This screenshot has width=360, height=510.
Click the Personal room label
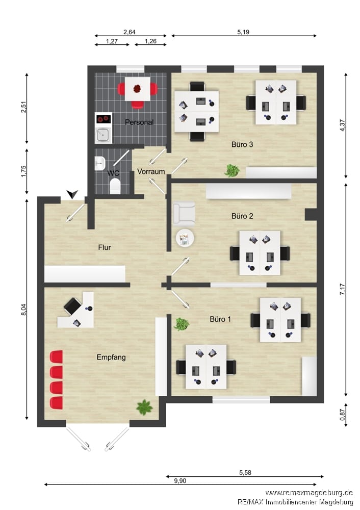(139, 122)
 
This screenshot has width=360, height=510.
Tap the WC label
(113, 173)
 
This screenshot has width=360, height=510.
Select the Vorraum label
(151, 171)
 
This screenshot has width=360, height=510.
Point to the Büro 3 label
(242, 144)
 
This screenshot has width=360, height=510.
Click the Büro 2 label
(242, 216)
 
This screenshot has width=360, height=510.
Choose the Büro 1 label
(220, 319)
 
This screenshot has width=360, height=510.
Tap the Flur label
(105, 247)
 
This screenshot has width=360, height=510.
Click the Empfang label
(111, 357)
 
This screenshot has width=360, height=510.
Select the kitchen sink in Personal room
(104, 135)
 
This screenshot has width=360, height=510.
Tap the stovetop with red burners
(104, 119)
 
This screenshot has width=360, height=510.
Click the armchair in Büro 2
(184, 214)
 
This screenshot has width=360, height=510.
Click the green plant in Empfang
(144, 407)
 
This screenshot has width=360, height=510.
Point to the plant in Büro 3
(233, 170)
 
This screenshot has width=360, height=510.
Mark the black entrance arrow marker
(72, 194)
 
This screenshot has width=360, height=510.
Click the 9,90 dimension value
(180, 481)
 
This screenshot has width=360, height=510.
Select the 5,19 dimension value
(243, 32)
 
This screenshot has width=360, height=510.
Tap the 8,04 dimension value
(23, 310)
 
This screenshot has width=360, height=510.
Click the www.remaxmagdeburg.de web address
(309, 493)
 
